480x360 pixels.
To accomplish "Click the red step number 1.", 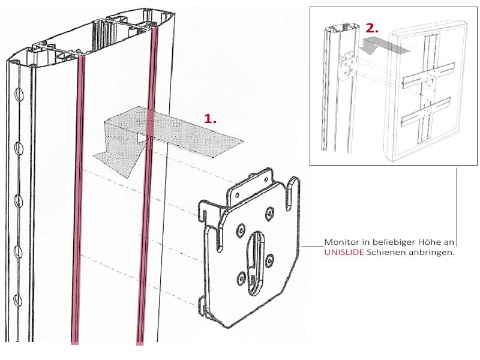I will click(x=209, y=118).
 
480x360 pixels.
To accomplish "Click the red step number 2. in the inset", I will click(x=372, y=28).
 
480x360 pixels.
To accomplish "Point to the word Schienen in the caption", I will click(x=387, y=253).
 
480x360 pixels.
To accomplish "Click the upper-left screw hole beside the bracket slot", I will click(x=241, y=229).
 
